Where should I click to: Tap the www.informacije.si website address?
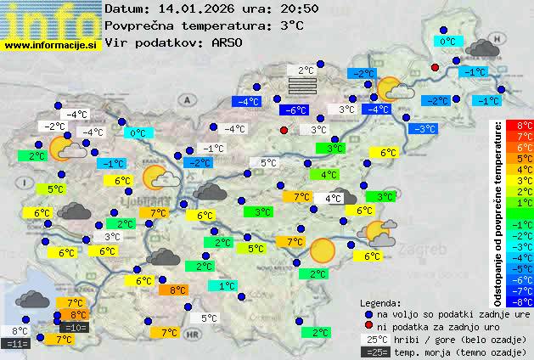click(51, 45)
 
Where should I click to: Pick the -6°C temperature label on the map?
click(294, 110)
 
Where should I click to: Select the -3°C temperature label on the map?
click(423, 129)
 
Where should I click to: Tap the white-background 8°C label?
click(20, 331)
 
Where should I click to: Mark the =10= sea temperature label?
click(74, 327)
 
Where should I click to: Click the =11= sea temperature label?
click(17, 344)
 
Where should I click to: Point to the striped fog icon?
click(301, 85)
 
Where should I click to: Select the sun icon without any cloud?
click(322, 250)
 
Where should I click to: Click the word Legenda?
click(380, 302)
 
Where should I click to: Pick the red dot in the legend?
click(368, 327)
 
